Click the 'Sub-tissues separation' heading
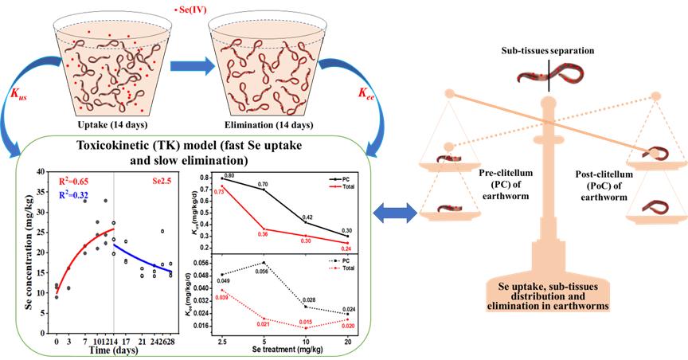[x=548, y=50]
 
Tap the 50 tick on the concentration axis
[x=45, y=170]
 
